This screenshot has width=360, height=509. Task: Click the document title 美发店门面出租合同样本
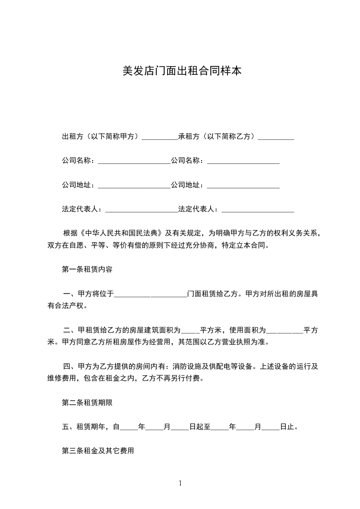tap(182, 71)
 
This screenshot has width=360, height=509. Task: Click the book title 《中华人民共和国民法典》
tap(121, 234)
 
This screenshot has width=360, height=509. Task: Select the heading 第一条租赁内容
tap(87, 269)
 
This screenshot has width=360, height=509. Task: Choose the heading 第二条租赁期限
tap(87, 401)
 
